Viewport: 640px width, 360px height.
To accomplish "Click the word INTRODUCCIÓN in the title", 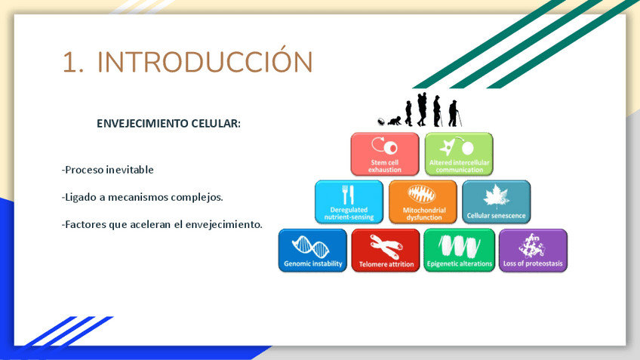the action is point(205,62).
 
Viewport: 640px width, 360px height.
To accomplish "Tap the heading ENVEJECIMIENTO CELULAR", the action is point(168,124).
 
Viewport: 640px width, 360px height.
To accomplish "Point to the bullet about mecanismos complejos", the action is point(143,197).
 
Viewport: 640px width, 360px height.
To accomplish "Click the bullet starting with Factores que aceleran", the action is point(162,224).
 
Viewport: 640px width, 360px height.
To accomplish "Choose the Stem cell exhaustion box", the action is point(385,154).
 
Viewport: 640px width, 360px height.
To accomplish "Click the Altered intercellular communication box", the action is point(459,154).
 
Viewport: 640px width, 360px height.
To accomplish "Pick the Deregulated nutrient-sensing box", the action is point(349,202).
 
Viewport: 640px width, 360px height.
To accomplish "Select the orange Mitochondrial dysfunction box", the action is point(423,202).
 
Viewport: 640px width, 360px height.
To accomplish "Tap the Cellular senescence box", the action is point(497,202).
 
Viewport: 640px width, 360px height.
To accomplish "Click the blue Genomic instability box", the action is point(312,251).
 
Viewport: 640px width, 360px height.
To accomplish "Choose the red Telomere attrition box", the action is point(386,251).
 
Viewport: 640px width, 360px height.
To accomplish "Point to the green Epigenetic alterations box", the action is point(459,251).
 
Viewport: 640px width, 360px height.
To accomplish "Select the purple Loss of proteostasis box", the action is point(533,251).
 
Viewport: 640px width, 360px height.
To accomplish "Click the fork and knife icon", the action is point(348,195).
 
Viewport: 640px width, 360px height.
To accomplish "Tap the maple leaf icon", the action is point(497,196).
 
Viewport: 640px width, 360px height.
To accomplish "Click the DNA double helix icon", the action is point(311,246).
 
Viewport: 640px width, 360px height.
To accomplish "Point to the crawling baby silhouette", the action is point(395,121).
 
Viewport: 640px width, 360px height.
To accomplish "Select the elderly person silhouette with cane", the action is point(454,113).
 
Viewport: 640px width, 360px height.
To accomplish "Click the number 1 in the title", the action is point(70,63).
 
